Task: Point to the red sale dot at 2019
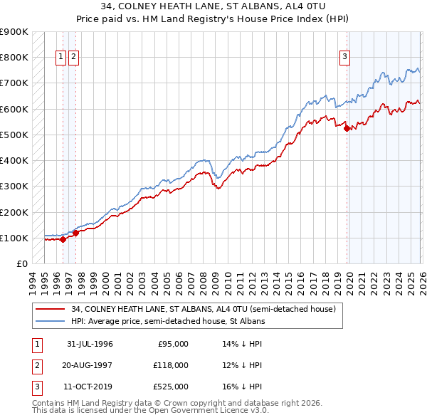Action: click(x=347, y=128)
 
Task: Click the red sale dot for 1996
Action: click(x=63, y=239)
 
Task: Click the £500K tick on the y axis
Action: click(x=14, y=135)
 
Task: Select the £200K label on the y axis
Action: click(x=14, y=212)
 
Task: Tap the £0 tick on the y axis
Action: click(x=21, y=264)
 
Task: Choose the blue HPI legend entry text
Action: click(x=168, y=321)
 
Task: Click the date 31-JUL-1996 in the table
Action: click(x=90, y=344)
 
